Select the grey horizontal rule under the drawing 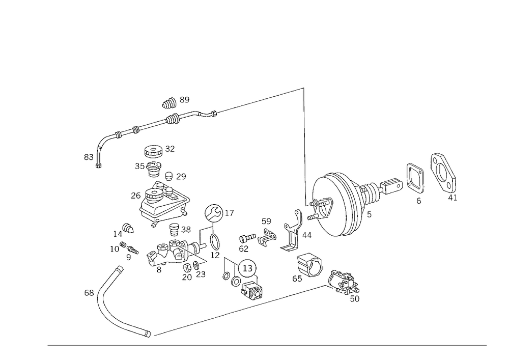coord(267,346)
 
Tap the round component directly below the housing coord(308,265)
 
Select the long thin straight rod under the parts coord(239,310)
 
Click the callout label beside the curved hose coord(90,292)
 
